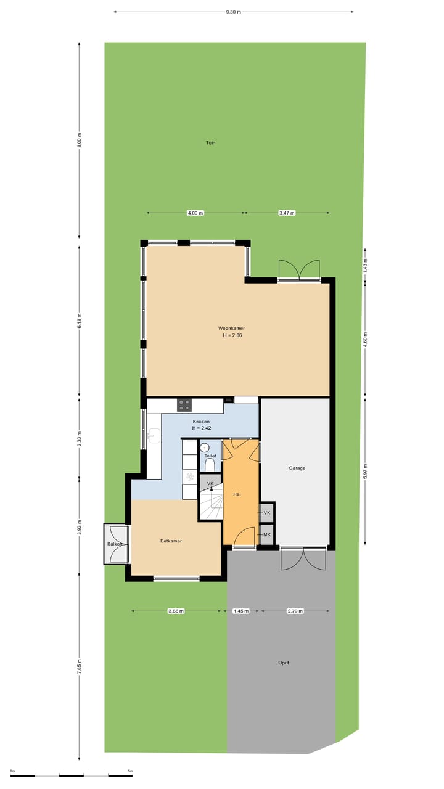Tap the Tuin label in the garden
(210, 142)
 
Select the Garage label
(297, 468)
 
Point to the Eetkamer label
(171, 541)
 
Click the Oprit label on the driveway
(283, 663)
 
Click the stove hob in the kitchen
(184, 405)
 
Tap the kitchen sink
(154, 436)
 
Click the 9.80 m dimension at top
(234, 12)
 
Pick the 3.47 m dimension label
(287, 213)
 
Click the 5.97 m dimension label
(365, 471)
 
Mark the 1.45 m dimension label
(240, 611)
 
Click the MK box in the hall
(267, 534)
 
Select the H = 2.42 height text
(201, 428)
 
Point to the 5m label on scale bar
(130, 771)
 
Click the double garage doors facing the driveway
(303, 558)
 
